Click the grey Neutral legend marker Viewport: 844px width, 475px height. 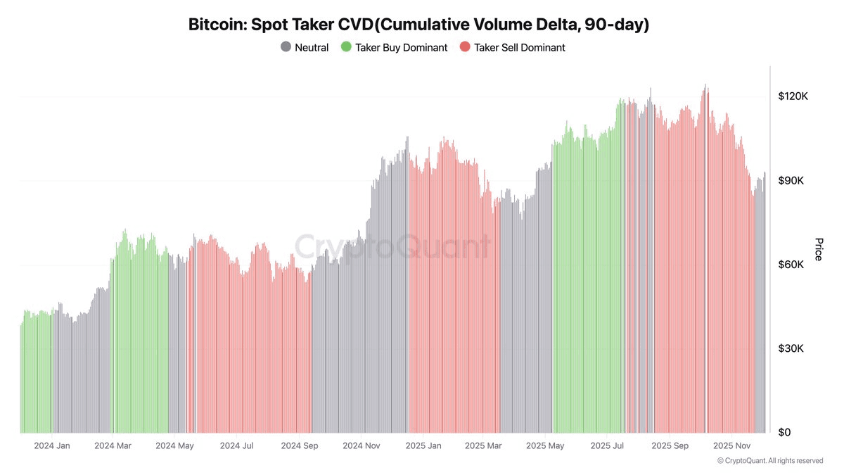click(x=286, y=47)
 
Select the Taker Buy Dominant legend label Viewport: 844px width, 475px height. click(x=401, y=47)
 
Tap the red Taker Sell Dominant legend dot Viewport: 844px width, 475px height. click(x=465, y=47)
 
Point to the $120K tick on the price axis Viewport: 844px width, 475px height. click(x=793, y=96)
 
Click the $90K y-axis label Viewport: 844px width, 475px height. click(x=791, y=181)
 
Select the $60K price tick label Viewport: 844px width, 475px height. click(x=791, y=265)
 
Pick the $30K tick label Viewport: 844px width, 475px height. click(x=791, y=348)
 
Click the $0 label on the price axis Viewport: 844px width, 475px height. click(x=784, y=432)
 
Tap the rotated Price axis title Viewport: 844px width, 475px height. click(x=818, y=249)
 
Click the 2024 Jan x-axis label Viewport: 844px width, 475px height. click(x=52, y=445)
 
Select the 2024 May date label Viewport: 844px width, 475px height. click(x=174, y=445)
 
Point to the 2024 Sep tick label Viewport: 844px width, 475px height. click(x=300, y=445)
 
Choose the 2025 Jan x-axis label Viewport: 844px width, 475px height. click(x=424, y=445)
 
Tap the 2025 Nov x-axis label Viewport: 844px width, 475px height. click(x=733, y=445)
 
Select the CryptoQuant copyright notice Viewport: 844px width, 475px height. click(x=770, y=461)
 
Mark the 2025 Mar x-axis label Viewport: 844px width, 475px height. click(x=484, y=445)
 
